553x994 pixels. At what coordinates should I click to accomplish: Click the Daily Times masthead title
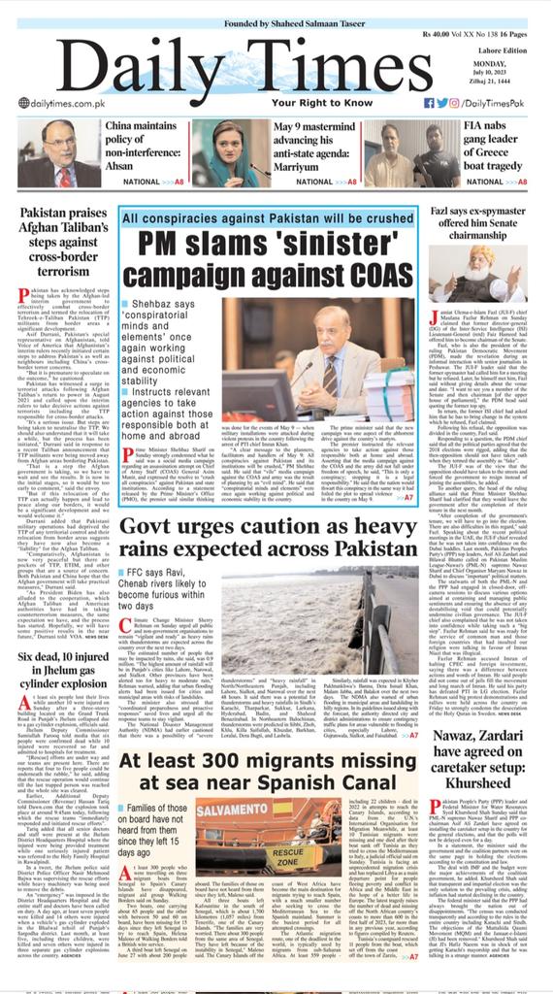tap(276, 58)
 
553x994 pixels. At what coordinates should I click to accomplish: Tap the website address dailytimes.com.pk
tap(60, 102)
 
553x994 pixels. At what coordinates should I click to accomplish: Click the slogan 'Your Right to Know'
tap(276, 102)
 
